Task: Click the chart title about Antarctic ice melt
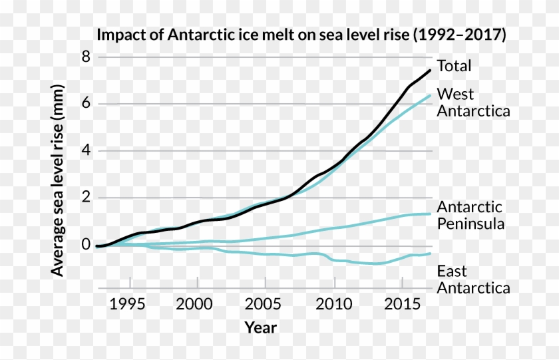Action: point(301,35)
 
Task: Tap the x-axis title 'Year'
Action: point(260,327)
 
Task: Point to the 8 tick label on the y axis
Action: point(85,57)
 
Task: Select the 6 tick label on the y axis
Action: point(85,104)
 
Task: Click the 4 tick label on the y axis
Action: point(85,151)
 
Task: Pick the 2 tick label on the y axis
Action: point(85,198)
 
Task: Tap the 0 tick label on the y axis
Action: point(85,245)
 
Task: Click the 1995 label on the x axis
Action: point(128,304)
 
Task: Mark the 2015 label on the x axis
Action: point(402,304)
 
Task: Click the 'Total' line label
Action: point(454,66)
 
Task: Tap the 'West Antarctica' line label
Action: point(473,102)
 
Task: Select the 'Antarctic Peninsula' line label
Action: point(470,215)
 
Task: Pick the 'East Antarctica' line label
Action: point(473,279)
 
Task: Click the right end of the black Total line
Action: point(430,71)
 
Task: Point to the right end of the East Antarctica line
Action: point(430,253)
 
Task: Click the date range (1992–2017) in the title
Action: point(459,35)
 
